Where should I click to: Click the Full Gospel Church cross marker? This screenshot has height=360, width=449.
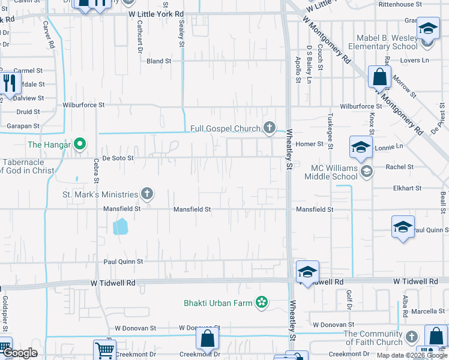coord(270,127)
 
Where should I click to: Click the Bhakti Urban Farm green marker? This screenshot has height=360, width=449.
coord(261,302)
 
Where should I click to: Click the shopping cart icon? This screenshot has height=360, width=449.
coord(104,349)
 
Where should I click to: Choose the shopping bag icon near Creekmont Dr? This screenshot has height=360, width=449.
coord(207,338)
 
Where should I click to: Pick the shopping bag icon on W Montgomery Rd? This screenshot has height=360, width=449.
coord(379,77)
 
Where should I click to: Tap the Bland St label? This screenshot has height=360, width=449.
coord(159,61)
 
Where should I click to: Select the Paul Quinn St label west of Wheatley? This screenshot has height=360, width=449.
coord(123,262)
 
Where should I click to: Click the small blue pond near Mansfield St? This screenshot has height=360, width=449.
coord(121,226)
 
